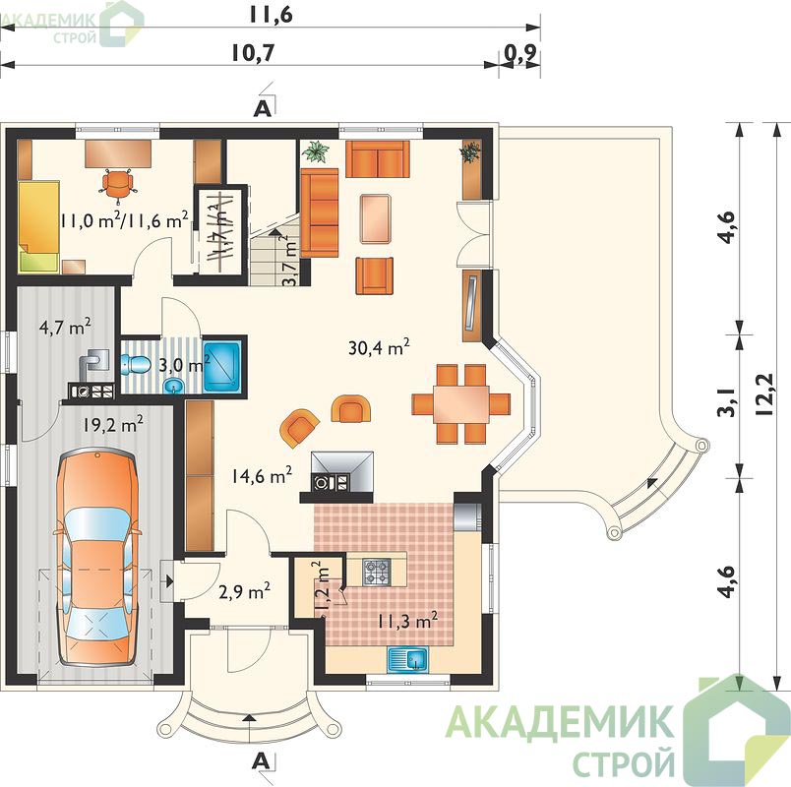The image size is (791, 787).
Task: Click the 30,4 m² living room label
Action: [x=379, y=347]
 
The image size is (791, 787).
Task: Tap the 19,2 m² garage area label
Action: [x=113, y=424]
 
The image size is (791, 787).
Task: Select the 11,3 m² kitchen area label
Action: [x=407, y=620]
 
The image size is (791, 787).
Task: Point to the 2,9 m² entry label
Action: [x=245, y=590]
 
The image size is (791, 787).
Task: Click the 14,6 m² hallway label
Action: [x=262, y=475]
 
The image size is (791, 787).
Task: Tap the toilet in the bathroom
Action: [x=135, y=363]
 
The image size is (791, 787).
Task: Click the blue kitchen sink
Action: [x=407, y=659]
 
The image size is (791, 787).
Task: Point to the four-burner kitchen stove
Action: [x=377, y=573]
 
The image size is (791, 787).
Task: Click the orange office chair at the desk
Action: [x=118, y=184]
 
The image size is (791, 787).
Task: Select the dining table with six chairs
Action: [x=461, y=403]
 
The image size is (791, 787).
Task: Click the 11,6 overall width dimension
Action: [x=272, y=15]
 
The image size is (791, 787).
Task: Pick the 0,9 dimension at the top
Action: [x=519, y=53]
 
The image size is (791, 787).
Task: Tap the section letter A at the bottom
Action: [x=260, y=760]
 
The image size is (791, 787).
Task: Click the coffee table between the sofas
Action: [x=376, y=218]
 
